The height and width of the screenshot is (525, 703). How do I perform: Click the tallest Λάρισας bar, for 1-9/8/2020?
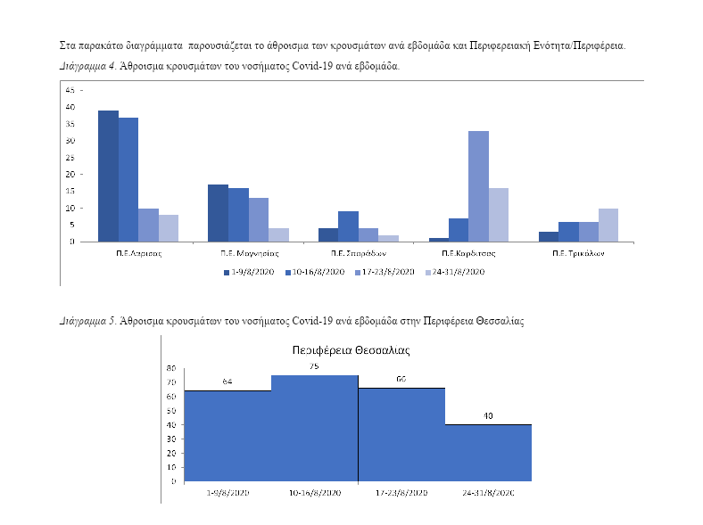(108, 176)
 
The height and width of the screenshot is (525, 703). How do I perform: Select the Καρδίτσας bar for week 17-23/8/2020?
(478, 186)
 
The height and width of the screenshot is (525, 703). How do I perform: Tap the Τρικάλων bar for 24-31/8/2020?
(608, 225)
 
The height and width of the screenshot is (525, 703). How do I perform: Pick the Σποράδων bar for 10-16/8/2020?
(348, 226)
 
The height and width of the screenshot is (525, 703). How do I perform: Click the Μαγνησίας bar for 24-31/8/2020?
(278, 234)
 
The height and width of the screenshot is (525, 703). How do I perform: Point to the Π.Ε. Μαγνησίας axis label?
(238, 252)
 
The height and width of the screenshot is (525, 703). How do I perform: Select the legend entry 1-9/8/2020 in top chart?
(251, 272)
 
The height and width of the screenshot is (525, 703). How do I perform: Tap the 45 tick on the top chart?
(70, 90)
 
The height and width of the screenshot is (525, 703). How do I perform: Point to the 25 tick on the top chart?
(70, 158)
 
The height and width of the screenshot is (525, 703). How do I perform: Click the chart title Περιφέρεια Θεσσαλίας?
(349, 350)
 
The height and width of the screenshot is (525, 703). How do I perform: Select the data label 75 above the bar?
(314, 366)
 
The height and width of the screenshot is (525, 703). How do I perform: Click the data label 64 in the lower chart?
(227, 381)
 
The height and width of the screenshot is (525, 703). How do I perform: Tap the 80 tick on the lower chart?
(170, 367)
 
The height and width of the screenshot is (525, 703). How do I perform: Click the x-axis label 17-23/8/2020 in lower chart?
(401, 492)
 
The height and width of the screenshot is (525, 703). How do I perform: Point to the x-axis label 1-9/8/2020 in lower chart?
(227, 492)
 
